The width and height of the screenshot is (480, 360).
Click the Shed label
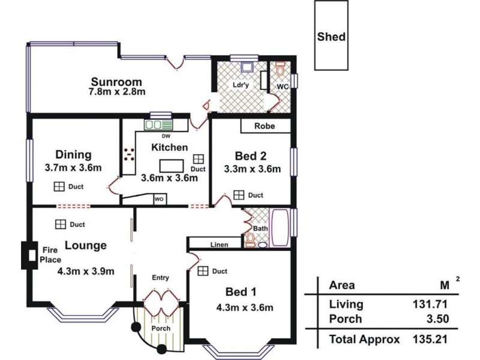331,37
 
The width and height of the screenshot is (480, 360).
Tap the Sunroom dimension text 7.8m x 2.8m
117,92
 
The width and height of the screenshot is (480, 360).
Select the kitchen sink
158,125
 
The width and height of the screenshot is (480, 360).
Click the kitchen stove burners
129,155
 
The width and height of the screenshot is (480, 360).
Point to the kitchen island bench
172,166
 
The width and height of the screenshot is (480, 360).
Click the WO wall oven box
159,199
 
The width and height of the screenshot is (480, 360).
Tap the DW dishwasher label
166,136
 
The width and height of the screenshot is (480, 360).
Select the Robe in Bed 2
265,126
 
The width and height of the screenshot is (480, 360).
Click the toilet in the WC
280,68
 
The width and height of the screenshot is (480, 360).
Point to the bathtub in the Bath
280,228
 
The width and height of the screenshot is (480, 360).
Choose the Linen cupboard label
219,245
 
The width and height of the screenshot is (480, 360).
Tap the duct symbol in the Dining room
59,187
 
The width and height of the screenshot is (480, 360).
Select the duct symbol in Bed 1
203,271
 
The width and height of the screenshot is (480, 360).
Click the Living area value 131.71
430,304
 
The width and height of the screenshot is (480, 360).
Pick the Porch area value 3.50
438,319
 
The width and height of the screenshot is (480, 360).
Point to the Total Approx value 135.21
430,339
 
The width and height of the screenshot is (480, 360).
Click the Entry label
160,278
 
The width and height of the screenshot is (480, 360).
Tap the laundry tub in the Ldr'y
247,67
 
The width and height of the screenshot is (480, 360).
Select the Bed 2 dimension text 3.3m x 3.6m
252,169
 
